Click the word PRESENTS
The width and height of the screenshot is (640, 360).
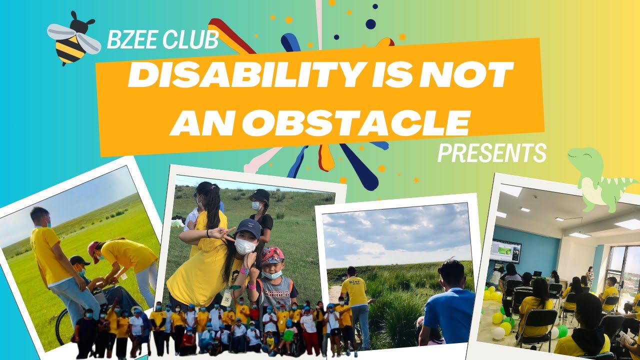(491, 153)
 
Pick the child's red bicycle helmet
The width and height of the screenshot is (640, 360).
(271, 255)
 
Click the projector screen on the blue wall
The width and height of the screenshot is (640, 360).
(505, 250)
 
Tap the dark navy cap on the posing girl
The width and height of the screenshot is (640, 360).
(248, 227)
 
